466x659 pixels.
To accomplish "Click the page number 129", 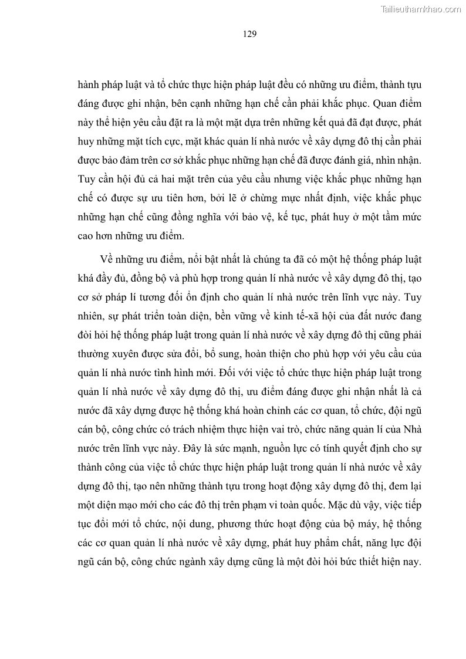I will click(x=249, y=33).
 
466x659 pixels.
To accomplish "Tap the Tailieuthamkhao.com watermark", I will click(x=421, y=9).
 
